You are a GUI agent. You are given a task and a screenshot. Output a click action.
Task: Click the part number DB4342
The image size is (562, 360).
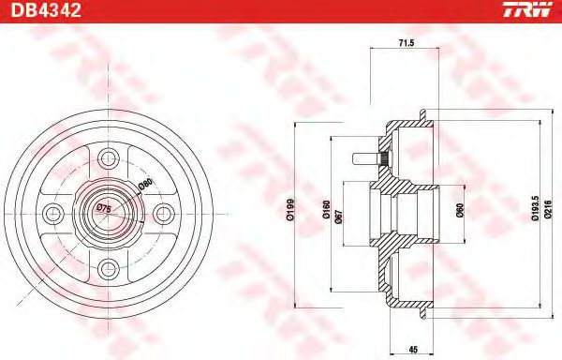click(46, 10)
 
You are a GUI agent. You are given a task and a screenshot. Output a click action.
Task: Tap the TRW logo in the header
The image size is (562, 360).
click(527, 9)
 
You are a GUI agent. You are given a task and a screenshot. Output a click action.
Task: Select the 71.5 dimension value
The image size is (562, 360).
click(407, 43)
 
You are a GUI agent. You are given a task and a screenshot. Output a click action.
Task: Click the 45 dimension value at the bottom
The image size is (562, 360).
click(413, 350)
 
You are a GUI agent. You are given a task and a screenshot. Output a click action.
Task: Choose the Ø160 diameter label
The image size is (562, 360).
click(326, 210)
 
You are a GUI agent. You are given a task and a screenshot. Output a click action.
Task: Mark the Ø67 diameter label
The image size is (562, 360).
click(339, 217)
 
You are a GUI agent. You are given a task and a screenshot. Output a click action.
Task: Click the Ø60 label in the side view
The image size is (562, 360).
click(460, 211)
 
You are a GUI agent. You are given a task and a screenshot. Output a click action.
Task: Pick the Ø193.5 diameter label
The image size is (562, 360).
click(535, 208)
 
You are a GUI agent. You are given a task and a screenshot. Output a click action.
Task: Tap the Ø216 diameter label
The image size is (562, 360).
click(548, 209)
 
